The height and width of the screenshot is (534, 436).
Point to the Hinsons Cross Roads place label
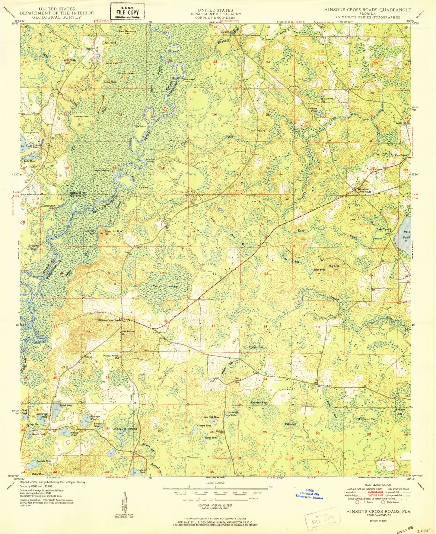point(110,320)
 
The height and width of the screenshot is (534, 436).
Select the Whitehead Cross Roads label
point(364,190)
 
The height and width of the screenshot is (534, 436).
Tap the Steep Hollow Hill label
point(113,233)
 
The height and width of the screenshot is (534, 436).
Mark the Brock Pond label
point(66,405)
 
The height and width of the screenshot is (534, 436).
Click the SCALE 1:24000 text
point(215,483)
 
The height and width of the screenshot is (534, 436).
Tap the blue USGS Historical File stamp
point(309,494)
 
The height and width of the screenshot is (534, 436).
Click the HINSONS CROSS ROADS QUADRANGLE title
point(367,10)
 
